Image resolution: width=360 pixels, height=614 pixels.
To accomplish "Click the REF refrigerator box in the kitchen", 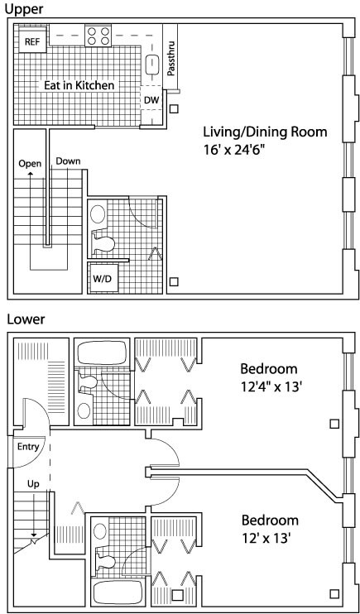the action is [x=32, y=41].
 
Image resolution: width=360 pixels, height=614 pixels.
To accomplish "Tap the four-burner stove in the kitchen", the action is [x=98, y=36].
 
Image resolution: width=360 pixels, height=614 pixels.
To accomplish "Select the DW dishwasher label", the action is [x=151, y=100].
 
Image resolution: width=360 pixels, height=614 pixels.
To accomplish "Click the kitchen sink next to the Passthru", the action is [x=151, y=65].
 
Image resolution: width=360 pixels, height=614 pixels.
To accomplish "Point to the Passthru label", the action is [x=170, y=58].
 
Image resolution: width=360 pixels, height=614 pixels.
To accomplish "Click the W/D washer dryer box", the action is [x=103, y=279].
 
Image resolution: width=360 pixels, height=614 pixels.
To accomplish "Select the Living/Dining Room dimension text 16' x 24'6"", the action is [x=232, y=150].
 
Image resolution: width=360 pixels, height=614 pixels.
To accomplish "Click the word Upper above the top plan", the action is [x=24, y=8].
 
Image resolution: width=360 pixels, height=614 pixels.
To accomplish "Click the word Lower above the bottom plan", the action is [x=26, y=319].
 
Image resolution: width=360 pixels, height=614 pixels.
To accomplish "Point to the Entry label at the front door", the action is [x=28, y=446].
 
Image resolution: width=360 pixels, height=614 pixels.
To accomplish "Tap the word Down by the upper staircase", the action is [x=68, y=161].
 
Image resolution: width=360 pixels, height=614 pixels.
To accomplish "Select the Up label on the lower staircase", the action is [x=33, y=484].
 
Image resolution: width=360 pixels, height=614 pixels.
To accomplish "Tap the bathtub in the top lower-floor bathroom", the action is [x=103, y=353].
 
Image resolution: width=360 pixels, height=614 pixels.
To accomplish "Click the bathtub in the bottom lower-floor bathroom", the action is [x=118, y=592].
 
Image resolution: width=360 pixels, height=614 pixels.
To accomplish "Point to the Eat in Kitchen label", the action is [x=79, y=85].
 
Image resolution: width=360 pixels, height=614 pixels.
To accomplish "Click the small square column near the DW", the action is [x=174, y=108].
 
